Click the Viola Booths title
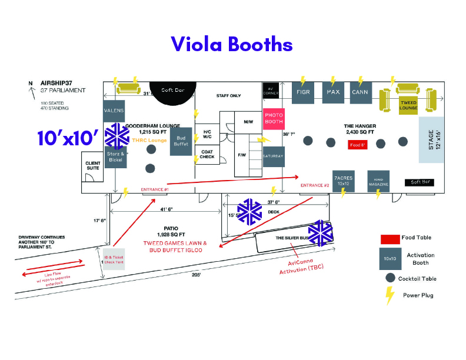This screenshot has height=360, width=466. (231, 44)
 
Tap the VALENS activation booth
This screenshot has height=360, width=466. (114, 111)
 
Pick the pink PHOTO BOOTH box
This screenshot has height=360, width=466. (274, 119)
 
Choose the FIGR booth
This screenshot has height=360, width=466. (303, 92)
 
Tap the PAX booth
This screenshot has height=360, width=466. (333, 92)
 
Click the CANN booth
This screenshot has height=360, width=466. (360, 92)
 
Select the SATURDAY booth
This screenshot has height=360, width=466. (274, 156)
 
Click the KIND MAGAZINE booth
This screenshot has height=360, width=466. (378, 180)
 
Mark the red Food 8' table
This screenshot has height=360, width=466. (358, 145)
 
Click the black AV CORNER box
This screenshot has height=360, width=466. (271, 90)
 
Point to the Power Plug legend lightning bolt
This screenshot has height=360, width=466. (390, 295)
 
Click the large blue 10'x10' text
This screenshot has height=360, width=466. (68, 138)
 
